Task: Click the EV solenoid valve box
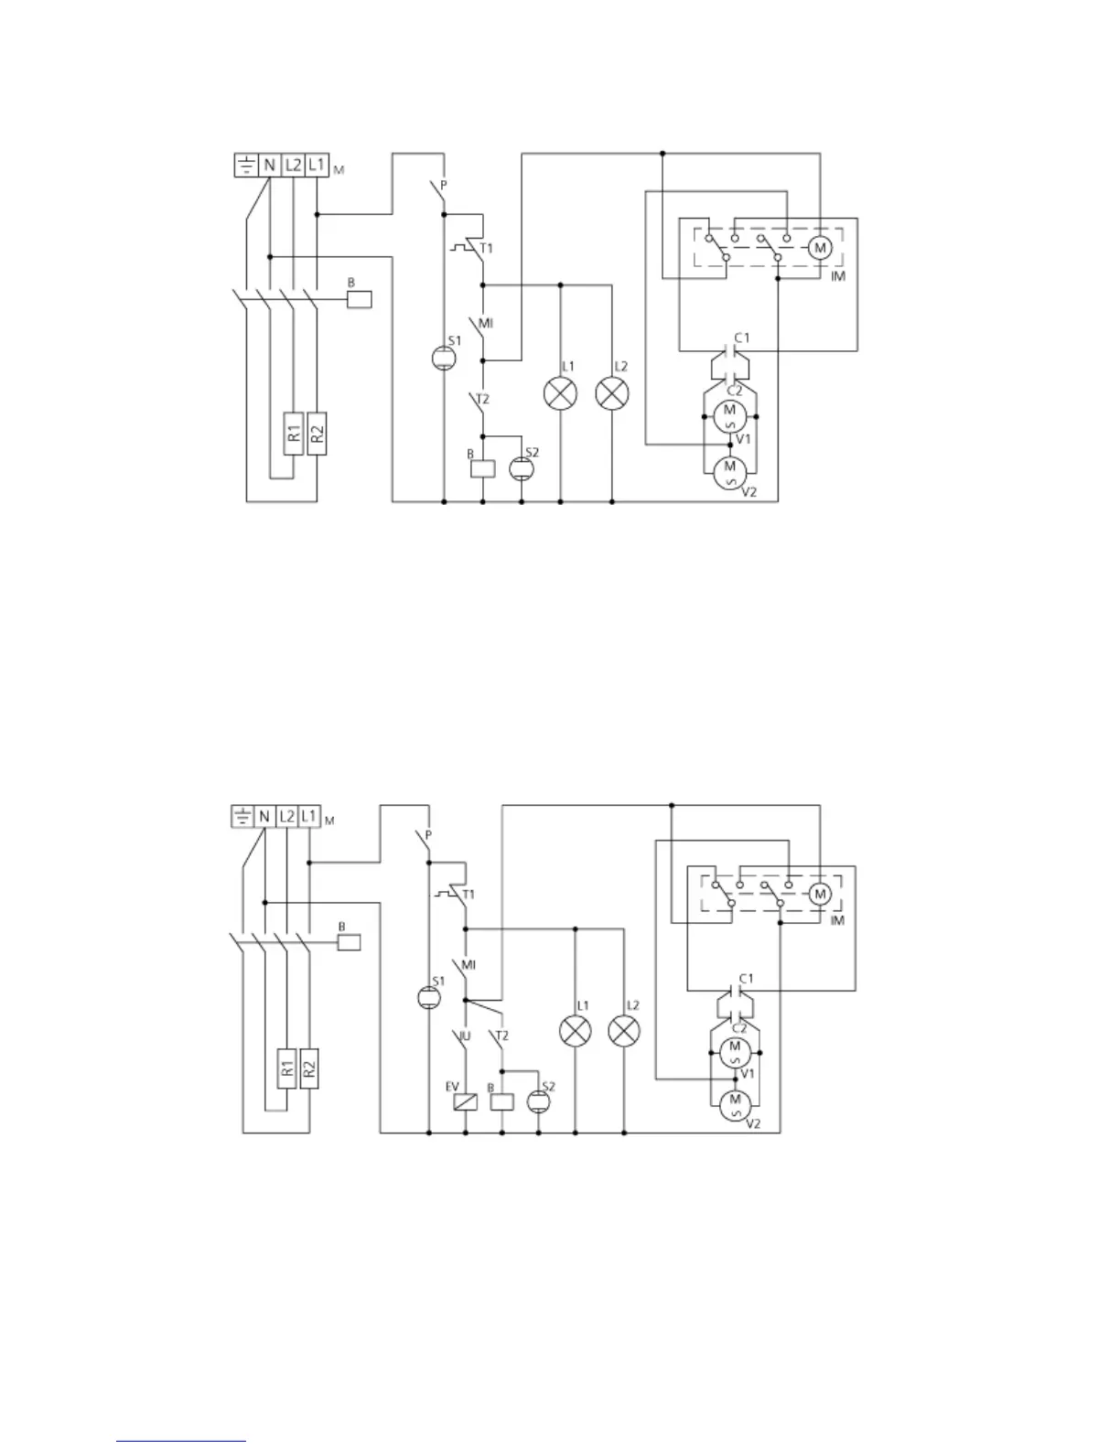pos(465,1102)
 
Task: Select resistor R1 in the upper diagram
pos(293,430)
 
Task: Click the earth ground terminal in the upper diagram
pos(246,165)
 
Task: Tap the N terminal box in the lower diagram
pos(264,815)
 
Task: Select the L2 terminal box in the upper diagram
pos(293,165)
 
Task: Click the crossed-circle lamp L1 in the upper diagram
pos(560,394)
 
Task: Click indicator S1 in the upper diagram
pos(443,358)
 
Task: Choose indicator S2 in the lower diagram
pos(538,1102)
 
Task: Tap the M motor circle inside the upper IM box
pos(820,247)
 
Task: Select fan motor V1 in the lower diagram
pos(734,1053)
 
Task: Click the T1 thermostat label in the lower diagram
pos(468,894)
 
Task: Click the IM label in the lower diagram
pos(836,920)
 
